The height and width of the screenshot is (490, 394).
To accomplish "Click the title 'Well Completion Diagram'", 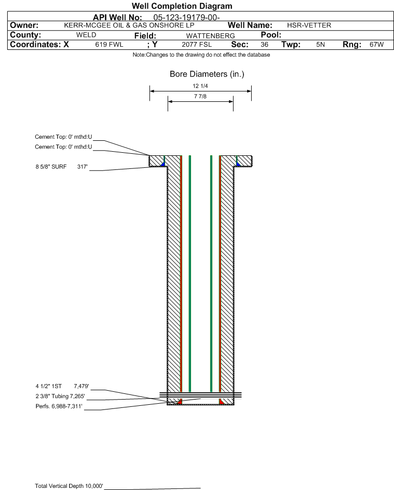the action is click(x=182, y=6).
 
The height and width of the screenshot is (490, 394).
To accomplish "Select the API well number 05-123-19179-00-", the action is click(x=186, y=18).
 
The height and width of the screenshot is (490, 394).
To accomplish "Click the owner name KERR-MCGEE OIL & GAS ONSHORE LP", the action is click(x=129, y=25).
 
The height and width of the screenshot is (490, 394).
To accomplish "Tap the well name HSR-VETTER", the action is click(x=309, y=25).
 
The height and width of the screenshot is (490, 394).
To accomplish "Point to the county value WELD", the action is click(x=86, y=35).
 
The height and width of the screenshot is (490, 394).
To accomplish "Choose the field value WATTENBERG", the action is click(x=210, y=36).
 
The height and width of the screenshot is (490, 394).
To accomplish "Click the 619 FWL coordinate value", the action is click(x=109, y=45).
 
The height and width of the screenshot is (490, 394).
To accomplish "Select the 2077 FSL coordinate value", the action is click(x=197, y=45).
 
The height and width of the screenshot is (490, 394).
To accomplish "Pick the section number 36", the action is click(x=264, y=45).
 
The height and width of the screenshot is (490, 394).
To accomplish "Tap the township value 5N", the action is click(x=320, y=45).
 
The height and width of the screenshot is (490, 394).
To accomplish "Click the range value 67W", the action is click(x=376, y=45).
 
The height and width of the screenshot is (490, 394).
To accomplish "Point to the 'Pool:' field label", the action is click(x=271, y=35).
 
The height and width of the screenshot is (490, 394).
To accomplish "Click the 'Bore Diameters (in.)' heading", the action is click(x=207, y=74).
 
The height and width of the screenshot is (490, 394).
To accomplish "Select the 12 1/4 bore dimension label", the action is click(x=200, y=86).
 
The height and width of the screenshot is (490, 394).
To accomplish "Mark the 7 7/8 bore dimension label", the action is click(x=200, y=96).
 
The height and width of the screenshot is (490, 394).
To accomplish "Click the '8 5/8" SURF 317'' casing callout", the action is click(x=61, y=167).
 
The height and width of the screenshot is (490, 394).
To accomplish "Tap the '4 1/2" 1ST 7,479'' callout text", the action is click(x=62, y=386).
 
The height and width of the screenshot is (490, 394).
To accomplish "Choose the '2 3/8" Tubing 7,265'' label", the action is click(x=60, y=396).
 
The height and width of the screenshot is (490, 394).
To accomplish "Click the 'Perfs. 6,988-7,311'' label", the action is click(x=59, y=406).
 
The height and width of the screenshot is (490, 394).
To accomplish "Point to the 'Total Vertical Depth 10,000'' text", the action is click(x=69, y=486).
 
